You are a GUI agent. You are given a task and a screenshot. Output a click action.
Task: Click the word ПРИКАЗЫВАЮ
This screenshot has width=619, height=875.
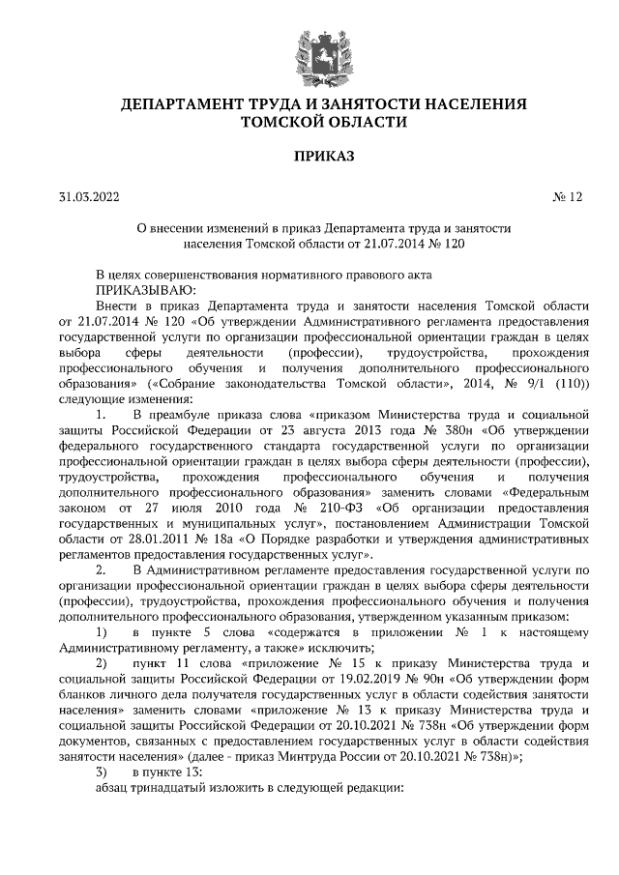coord(146,289)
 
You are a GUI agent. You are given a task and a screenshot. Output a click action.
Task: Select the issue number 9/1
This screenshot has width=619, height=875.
coord(524,384)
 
